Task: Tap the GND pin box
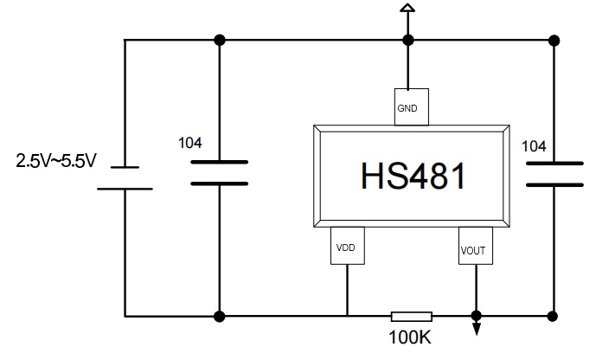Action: (407, 108)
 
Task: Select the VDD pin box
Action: (346, 247)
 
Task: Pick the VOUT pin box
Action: (475, 248)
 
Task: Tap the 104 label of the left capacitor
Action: (191, 142)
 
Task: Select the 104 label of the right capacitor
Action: (534, 146)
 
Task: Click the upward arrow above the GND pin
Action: (407, 10)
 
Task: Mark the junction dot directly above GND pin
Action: (407, 40)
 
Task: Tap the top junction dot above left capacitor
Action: (220, 40)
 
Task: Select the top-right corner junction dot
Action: (554, 40)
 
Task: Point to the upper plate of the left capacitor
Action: (219, 162)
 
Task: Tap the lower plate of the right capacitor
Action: (554, 184)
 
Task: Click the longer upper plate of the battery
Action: (125, 167)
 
